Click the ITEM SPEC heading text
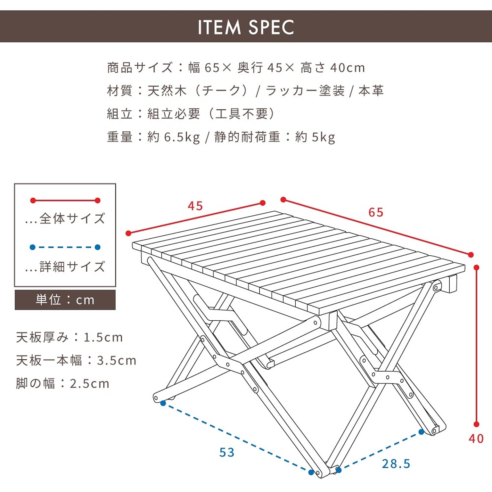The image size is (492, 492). (246, 27)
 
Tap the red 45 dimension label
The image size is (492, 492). (195, 206)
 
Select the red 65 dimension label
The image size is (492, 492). (376, 212)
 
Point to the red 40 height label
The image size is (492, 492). (476, 438)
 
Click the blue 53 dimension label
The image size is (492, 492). (227, 452)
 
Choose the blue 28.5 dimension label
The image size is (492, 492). (396, 463)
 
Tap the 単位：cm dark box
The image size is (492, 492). (65, 300)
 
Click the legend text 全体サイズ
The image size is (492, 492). (72, 218)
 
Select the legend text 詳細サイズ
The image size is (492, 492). (72, 266)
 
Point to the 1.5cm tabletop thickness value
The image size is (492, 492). (103, 337)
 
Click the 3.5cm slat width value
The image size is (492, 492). (117, 360)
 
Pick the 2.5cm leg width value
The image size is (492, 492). (90, 383)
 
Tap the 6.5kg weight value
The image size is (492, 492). (182, 137)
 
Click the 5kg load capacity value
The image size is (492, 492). (324, 137)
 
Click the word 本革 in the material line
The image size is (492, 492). (371, 91)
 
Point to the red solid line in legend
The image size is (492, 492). (65, 201)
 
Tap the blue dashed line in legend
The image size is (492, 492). (65, 247)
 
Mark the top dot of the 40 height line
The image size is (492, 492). (477, 267)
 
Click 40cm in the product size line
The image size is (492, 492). (348, 68)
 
